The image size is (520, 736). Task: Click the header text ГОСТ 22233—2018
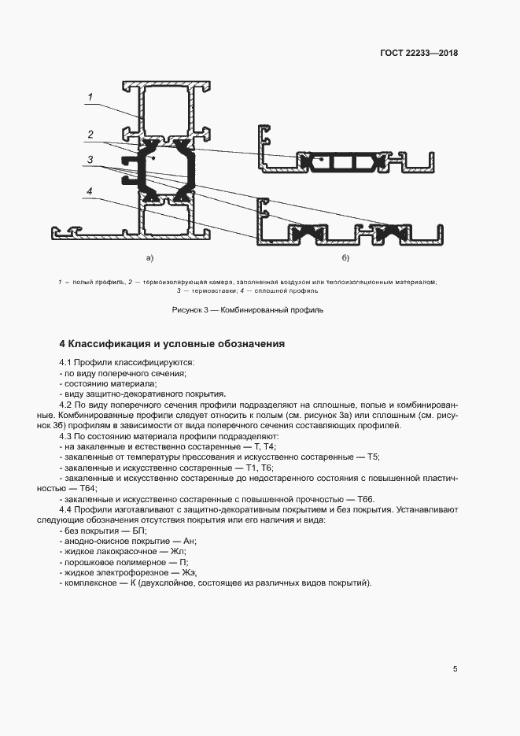point(420,54)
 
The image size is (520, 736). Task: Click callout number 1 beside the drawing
point(91,98)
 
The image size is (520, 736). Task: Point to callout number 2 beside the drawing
point(91,133)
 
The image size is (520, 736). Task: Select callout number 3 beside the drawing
point(91,160)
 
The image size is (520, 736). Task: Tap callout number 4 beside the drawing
point(91,191)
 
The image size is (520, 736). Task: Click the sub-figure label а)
point(149,257)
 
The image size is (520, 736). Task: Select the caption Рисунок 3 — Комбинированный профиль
point(248,310)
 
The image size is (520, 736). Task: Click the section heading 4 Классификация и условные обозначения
point(172,344)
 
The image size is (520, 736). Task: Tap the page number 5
point(455,669)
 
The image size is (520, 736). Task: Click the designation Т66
point(367,499)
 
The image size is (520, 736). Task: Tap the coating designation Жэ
point(188,572)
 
